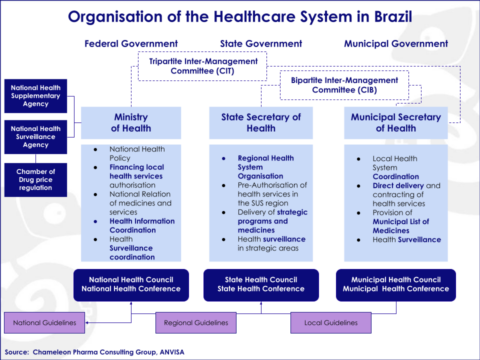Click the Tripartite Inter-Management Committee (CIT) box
point(203,66)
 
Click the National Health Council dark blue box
point(132,283)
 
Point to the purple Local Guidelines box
point(327,323)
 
